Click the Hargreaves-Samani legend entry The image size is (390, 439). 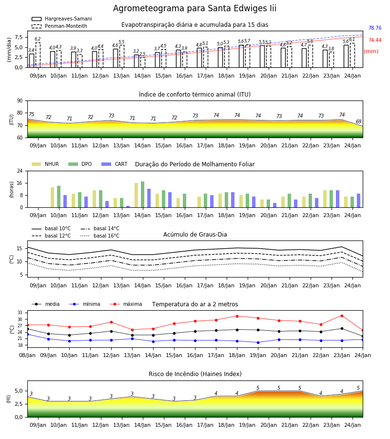tap(62, 19)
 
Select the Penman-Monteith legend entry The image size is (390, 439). tap(59, 26)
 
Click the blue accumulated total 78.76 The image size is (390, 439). tap(375, 28)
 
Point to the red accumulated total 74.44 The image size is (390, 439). tap(375, 40)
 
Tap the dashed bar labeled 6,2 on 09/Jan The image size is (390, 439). tap(38, 55)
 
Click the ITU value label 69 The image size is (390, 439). tap(358, 121)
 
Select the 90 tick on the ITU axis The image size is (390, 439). tap(19, 101)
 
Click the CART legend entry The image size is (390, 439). tap(115, 164)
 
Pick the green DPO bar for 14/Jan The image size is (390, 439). tap(143, 195)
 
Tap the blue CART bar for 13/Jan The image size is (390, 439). tap(128, 207)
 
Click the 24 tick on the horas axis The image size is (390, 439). tap(20, 171)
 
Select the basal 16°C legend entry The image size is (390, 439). tap(100, 236)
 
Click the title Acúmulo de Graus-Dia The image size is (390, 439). tap(195, 235)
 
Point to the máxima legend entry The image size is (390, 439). tap(126, 304)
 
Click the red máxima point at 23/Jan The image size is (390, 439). tap(342, 316)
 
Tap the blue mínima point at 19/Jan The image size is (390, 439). tap(258, 342)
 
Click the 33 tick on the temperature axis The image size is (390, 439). tap(20, 313)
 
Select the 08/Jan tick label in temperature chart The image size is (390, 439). tap(27, 355)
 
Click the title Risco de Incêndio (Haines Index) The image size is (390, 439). tap(195, 374)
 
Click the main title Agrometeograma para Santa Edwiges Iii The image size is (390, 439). tap(195, 8)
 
